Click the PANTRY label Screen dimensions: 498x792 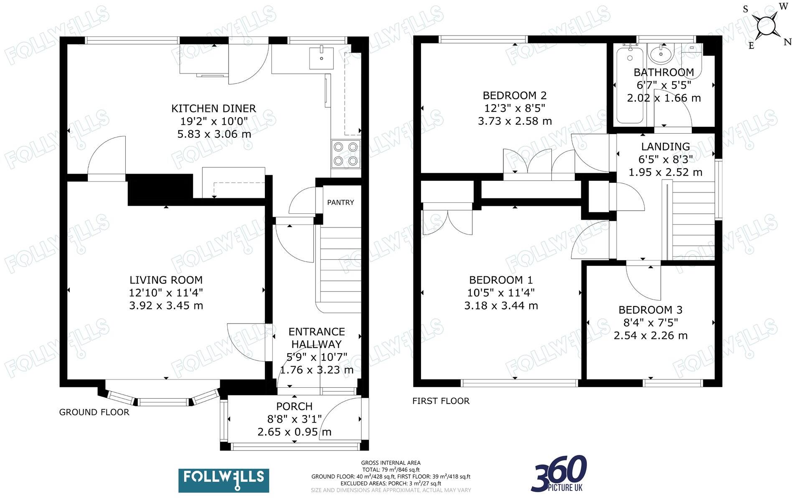coord(340,202)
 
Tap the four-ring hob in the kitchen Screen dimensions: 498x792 coord(345,154)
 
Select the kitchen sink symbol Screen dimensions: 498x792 coord(321,58)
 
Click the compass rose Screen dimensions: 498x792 coord(767,26)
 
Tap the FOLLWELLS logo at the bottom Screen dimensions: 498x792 coord(223,480)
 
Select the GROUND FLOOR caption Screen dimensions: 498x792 coord(94,412)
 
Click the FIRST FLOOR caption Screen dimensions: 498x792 coord(441,401)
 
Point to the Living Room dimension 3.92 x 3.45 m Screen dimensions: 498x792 coord(166,306)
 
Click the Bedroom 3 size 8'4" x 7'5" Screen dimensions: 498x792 coord(650,323)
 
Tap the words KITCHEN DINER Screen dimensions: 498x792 coord(213,109)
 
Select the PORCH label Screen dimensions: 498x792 coord(294,406)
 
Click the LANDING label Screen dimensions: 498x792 coord(665,147)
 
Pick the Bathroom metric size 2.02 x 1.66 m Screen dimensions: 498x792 coord(663,98)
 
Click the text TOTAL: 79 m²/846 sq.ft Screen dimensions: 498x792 coord(391,470)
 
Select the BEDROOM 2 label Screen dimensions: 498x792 coord(515,96)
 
